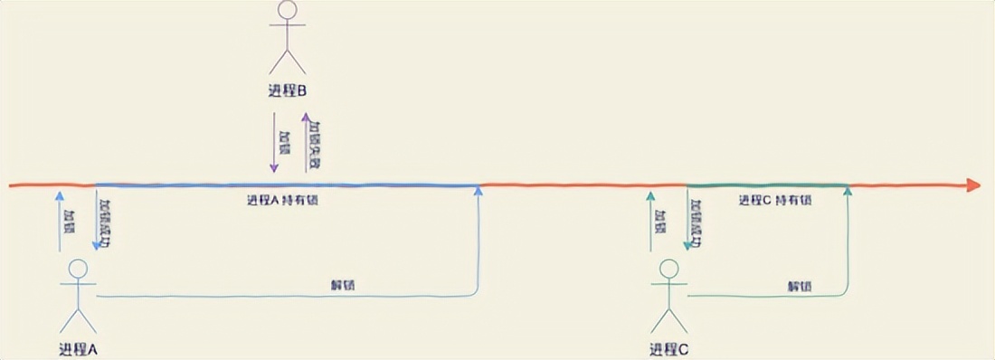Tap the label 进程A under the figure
pos(78,349)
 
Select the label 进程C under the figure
pos(669,349)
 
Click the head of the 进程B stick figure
pos(287,10)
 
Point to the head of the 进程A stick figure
pos(78,269)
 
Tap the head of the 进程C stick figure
pos(669,269)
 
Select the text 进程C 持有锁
pos(775,200)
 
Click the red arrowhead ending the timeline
pos(973,185)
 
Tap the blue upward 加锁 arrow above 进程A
pos(60,222)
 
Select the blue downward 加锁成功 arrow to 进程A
pos(96,222)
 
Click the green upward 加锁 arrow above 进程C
pos(650,222)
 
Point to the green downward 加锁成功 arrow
pos(687,222)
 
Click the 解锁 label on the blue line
pos(343,285)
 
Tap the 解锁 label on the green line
pos(799,285)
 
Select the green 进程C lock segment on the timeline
pos(768,185)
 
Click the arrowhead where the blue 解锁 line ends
pos(479,193)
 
